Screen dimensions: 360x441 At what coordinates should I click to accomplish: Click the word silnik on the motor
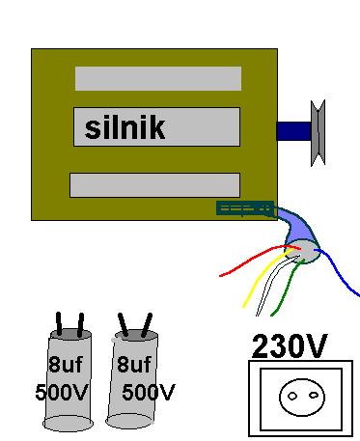125,127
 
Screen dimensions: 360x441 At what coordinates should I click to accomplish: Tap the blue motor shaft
293,131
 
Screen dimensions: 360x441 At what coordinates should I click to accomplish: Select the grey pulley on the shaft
318,133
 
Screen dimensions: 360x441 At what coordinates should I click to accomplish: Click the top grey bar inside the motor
158,78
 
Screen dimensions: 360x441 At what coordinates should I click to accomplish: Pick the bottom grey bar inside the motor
154,185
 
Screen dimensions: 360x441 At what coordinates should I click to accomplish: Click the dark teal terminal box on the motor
245,208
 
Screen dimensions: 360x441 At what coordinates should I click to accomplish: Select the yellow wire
264,278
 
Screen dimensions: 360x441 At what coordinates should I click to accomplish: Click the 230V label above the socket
290,346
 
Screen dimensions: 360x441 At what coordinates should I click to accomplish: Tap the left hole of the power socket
292,396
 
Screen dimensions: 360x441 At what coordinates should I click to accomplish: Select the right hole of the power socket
314,395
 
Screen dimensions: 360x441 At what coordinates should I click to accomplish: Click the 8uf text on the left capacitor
66,364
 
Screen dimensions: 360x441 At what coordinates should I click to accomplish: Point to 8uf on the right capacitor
134,364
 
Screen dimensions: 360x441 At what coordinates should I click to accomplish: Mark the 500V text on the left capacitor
62,392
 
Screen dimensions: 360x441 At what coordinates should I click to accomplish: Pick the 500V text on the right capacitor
149,392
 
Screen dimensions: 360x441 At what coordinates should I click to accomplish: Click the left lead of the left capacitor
59,324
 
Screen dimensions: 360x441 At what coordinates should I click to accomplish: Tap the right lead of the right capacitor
147,325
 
